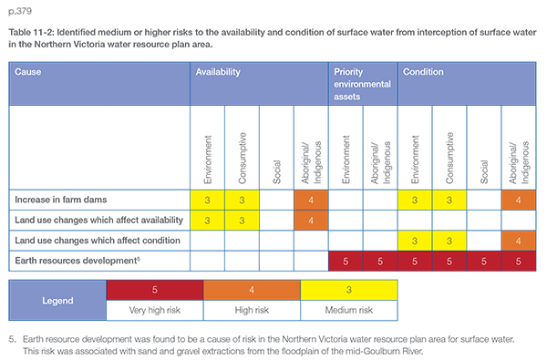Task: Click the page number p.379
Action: [20, 11]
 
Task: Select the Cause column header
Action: [28, 72]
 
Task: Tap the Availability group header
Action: [218, 72]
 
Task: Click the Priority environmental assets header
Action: [362, 84]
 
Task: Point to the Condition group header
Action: [423, 72]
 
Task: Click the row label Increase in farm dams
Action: [61, 200]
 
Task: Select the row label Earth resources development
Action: [77, 261]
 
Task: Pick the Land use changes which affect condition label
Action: [98, 241]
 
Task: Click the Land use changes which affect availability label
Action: [98, 221]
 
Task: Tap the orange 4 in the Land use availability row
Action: [311, 221]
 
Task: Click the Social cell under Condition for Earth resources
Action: [484, 261]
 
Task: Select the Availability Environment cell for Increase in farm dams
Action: [207, 200]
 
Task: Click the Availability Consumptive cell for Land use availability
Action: [242, 221]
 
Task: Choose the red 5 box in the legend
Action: [155, 290]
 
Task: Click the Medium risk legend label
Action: [349, 310]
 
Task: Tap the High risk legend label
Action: [252, 310]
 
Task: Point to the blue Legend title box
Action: [57, 301]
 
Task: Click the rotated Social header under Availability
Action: [276, 171]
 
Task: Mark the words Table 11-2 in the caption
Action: [30, 33]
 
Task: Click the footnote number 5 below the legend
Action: [12, 339]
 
